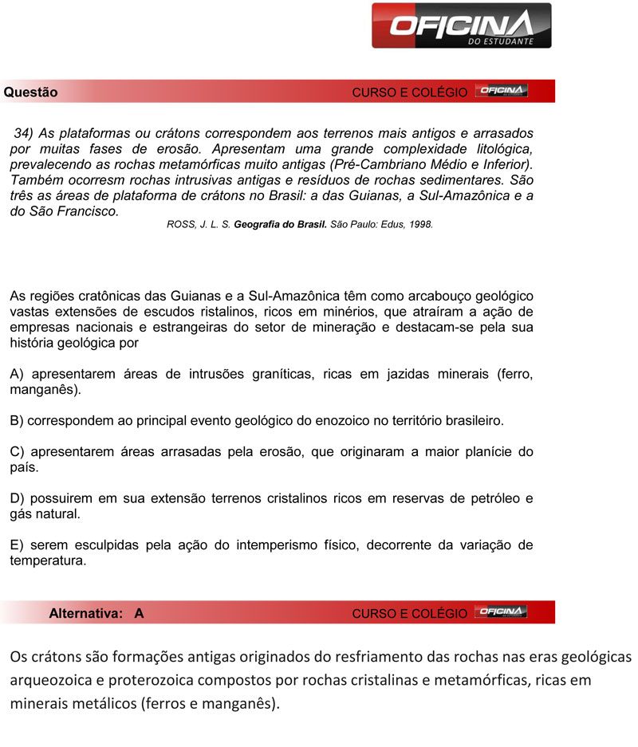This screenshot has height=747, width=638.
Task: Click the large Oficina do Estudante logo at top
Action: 461,26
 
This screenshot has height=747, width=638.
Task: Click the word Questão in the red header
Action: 30,92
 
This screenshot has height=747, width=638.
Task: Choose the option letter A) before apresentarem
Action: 17,375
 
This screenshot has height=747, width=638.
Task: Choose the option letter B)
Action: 17,419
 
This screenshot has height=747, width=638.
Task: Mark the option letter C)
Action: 17,452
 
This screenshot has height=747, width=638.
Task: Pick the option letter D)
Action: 17,498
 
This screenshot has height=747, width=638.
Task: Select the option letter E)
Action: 17,545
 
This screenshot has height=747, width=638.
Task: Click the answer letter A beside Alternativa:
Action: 139,613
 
